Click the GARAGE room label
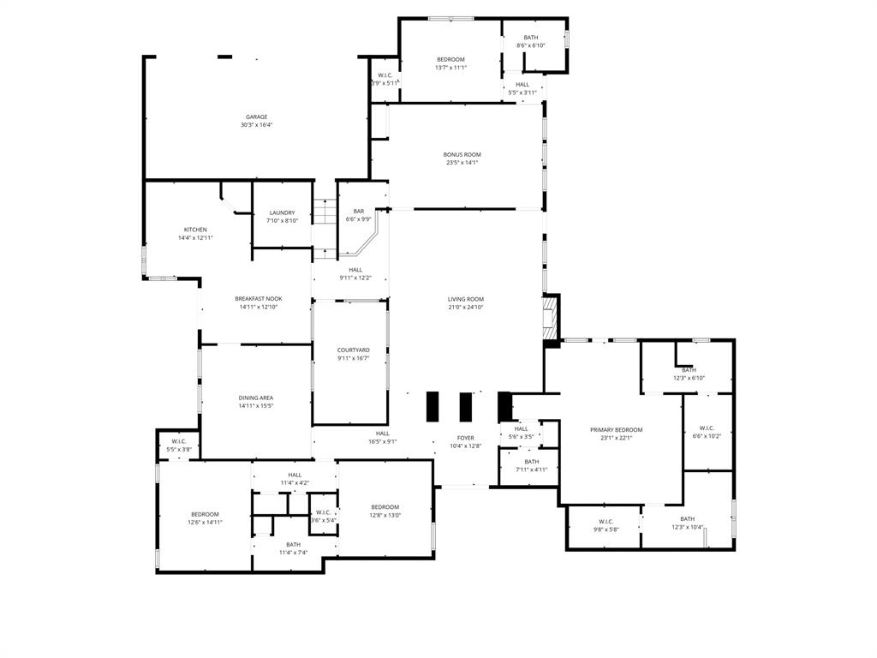(257, 117)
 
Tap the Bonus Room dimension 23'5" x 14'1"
(462, 163)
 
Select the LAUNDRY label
(282, 213)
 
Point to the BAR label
(359, 212)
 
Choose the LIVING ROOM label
(466, 299)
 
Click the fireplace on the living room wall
(552, 317)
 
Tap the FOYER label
(465, 438)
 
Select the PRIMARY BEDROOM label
(616, 430)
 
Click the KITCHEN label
(195, 230)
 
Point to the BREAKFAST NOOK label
(259, 299)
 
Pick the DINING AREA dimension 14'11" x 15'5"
(256, 406)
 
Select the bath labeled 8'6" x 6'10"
(531, 38)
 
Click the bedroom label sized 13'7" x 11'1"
(450, 60)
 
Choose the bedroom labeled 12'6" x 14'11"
(205, 514)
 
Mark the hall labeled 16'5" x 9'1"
(382, 434)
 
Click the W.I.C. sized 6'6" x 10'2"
(707, 428)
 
